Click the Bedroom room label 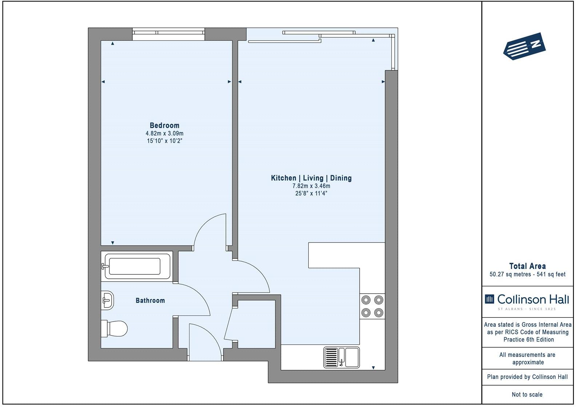pos(164,126)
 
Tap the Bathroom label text pos(150,301)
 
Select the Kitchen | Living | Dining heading pos(311,178)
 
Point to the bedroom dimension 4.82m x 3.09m pos(164,134)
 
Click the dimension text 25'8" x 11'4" pos(311,194)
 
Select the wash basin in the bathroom pos(107,300)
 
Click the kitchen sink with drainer pos(341,357)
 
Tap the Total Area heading pos(527,266)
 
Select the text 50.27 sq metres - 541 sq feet pos(527,274)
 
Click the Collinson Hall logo pos(527,301)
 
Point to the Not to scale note pos(527,394)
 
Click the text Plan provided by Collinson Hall pos(527,377)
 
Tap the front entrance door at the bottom pos(205,342)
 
